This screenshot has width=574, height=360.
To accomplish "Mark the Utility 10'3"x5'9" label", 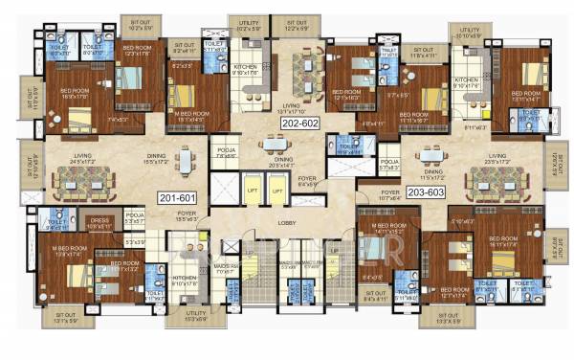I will [195, 316].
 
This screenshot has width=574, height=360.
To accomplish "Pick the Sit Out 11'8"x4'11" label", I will [418, 54].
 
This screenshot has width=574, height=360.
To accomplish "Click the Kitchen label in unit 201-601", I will [182, 281].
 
